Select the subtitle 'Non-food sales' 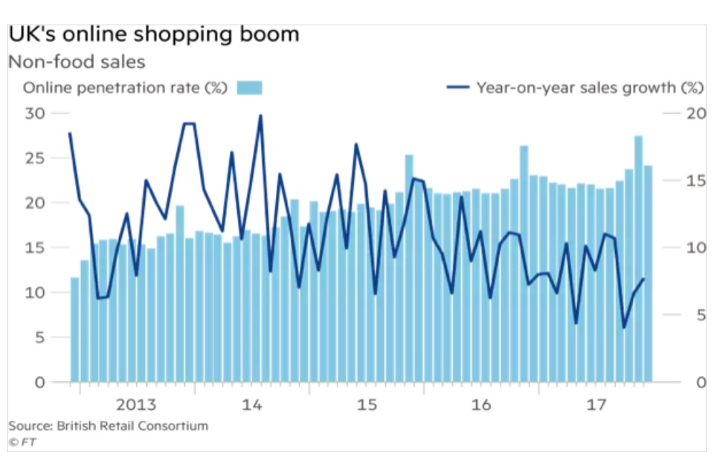(x=77, y=62)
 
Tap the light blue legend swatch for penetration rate (x=249, y=88)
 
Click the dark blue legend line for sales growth (x=457, y=88)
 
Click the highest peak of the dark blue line (x=260, y=116)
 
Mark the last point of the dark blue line (x=643, y=279)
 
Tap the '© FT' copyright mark (x=22, y=442)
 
